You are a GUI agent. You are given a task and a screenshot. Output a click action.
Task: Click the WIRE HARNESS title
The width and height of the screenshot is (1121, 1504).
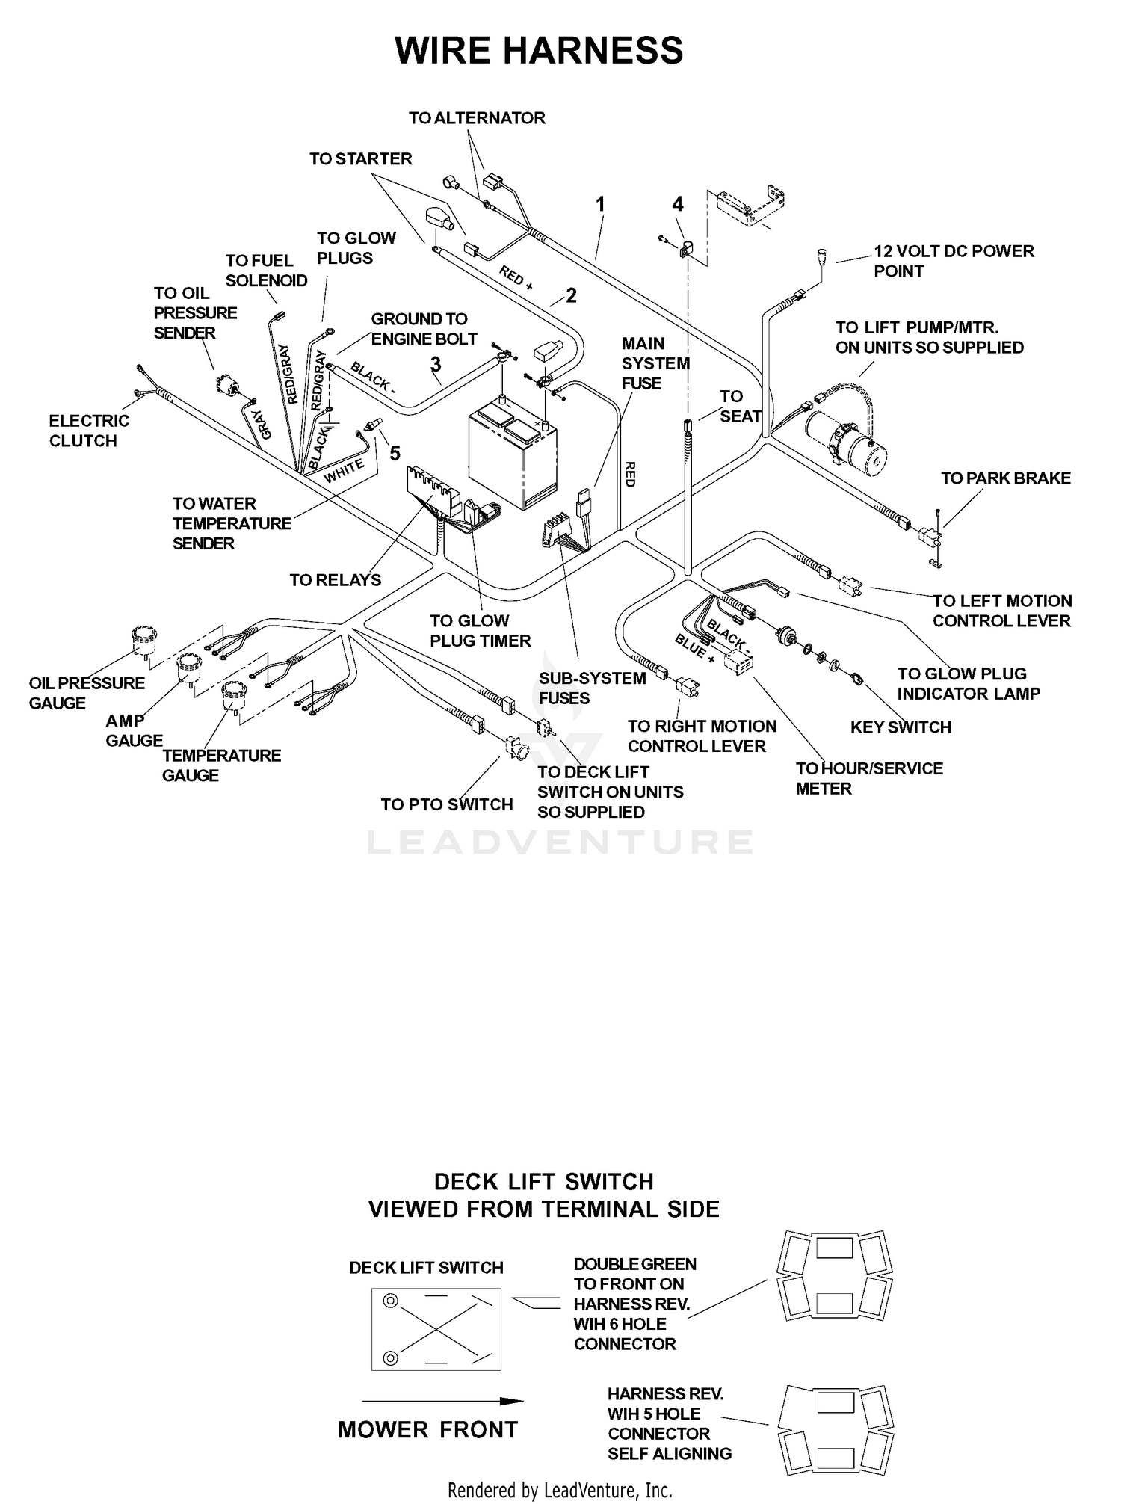(539, 50)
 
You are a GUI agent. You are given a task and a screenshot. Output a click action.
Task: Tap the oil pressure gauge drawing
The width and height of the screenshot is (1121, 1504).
(143, 641)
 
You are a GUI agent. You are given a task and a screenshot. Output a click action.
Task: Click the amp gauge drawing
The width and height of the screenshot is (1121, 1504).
(189, 668)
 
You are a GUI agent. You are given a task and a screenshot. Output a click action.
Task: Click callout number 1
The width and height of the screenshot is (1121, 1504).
(599, 203)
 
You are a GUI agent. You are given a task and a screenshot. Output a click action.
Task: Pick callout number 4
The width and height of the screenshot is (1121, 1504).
(678, 203)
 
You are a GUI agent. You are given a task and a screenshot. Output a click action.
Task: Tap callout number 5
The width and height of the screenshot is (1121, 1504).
(395, 453)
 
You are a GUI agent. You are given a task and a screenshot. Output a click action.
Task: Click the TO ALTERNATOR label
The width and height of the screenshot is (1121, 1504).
(477, 118)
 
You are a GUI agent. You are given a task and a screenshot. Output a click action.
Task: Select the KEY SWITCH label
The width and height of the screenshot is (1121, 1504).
(901, 727)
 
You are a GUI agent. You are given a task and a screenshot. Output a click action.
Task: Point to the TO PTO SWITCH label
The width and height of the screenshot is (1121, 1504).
(447, 804)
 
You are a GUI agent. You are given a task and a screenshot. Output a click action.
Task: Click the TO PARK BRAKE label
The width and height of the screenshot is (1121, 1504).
(1006, 478)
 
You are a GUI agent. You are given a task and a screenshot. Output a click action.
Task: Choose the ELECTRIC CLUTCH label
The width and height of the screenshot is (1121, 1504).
(89, 431)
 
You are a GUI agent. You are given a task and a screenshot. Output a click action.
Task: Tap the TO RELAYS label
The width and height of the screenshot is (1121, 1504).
(336, 580)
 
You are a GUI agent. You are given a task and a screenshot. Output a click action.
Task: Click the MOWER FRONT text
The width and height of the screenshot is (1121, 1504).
(428, 1430)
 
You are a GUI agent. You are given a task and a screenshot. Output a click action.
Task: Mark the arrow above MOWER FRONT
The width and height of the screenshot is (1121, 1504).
(442, 1401)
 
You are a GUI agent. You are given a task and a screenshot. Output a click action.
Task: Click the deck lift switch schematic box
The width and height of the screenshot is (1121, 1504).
(436, 1329)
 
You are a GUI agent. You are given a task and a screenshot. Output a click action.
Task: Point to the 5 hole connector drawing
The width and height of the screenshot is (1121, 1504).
(833, 1429)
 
